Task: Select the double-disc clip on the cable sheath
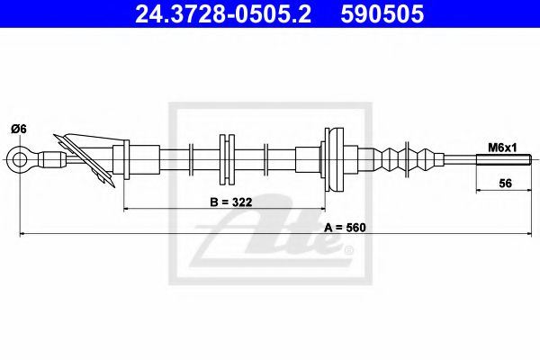pyautogui.click(x=226, y=160)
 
